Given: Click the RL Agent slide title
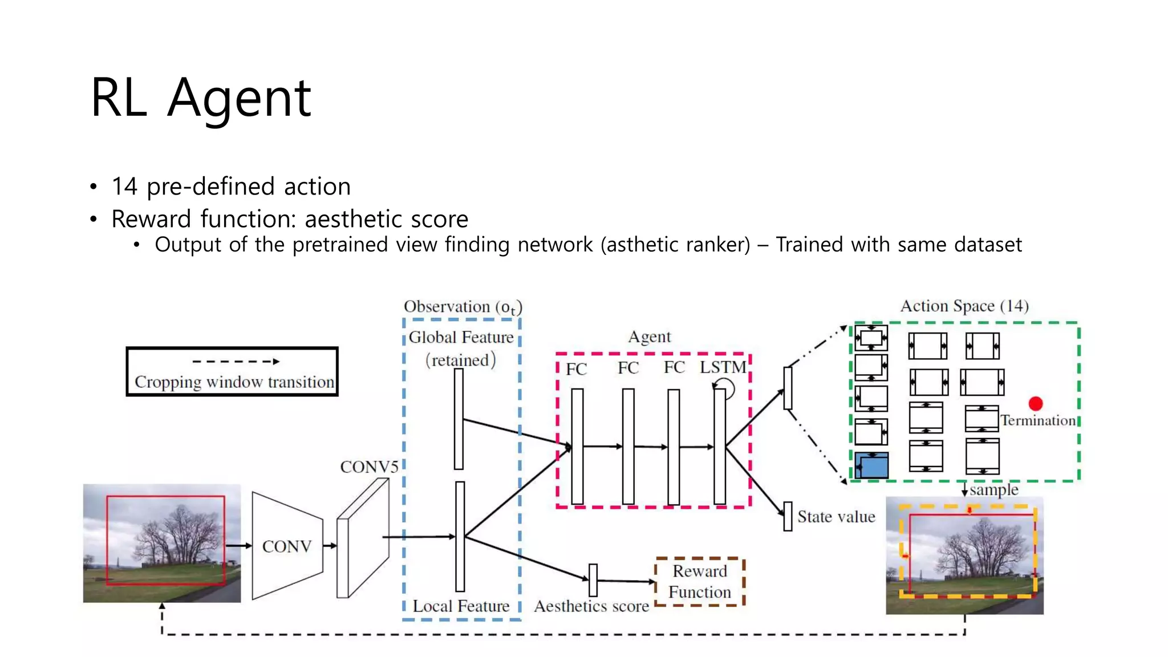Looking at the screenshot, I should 201,98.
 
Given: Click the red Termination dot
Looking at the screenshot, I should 1036,404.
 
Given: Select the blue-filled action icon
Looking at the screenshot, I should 871,465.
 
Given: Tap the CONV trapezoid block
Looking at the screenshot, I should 287,546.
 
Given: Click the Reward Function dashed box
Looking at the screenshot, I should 700,582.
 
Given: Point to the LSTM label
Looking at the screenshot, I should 723,367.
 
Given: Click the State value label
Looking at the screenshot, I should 836,517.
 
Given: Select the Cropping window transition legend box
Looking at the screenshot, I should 232,371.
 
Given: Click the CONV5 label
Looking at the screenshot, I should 369,467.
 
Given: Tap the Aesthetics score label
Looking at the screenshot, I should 591,606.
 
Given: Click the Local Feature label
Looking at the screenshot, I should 461,606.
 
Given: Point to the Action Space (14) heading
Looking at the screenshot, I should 964,306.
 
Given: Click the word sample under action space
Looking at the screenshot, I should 993,490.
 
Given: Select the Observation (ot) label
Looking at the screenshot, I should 463,307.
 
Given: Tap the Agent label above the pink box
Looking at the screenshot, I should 650,337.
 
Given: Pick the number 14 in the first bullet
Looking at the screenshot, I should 124,186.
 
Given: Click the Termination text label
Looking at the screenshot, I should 1038,421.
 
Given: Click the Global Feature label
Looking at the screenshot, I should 461,338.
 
